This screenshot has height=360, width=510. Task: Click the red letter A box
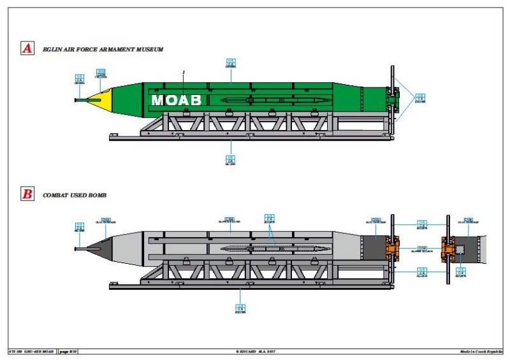[x=27, y=48]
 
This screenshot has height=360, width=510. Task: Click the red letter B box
[x=27, y=195]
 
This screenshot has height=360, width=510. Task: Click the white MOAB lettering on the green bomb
[x=176, y=100]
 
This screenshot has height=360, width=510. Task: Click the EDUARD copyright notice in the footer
[x=255, y=351]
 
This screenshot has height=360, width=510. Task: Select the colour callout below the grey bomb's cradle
[x=240, y=309]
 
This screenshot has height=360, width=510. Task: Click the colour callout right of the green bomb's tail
[x=419, y=97]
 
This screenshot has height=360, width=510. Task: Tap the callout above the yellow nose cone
[x=101, y=73]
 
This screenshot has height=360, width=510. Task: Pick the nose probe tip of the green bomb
[x=76, y=99]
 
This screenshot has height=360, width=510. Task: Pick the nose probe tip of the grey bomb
[x=76, y=248]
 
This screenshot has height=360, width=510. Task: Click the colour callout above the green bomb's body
[x=231, y=63]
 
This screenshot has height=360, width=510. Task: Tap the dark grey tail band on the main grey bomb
[x=372, y=247]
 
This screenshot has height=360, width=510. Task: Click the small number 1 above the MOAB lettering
[x=183, y=73]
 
